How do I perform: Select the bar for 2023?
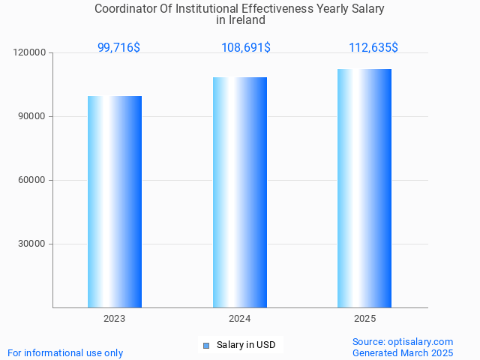[x=115, y=202]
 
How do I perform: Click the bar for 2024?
[x=240, y=192]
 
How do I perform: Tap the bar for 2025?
[x=364, y=188]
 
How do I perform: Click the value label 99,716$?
[x=118, y=48]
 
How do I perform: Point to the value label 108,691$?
[x=246, y=48]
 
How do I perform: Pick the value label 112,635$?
[x=373, y=48]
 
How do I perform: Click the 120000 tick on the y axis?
[x=29, y=53]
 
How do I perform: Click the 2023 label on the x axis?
[x=115, y=319]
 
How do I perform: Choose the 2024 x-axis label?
[x=240, y=319]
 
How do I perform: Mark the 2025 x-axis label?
[x=364, y=319]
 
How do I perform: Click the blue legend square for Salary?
[x=206, y=346]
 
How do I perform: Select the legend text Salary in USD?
[x=246, y=345]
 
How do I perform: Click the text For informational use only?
[x=65, y=352]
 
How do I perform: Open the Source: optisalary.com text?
[x=403, y=342]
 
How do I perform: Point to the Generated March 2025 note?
[x=403, y=352]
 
